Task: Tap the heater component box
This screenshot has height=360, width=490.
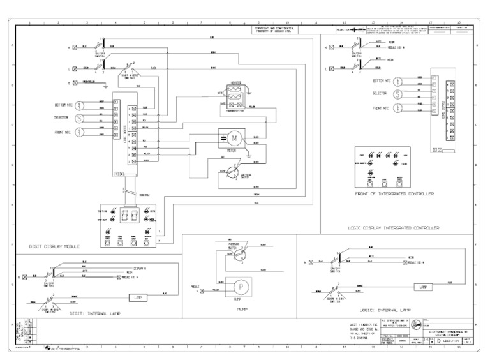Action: click(x=235, y=93)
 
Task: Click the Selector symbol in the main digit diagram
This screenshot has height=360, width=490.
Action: click(x=80, y=118)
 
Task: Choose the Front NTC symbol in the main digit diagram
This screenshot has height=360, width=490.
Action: click(x=80, y=132)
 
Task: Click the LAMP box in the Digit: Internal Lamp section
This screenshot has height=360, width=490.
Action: click(x=138, y=297)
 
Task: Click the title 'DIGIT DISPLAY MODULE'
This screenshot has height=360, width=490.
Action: click(x=54, y=246)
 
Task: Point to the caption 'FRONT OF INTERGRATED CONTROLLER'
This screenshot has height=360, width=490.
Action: click(x=394, y=192)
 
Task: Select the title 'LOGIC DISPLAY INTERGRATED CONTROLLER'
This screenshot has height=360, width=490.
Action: click(x=394, y=227)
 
